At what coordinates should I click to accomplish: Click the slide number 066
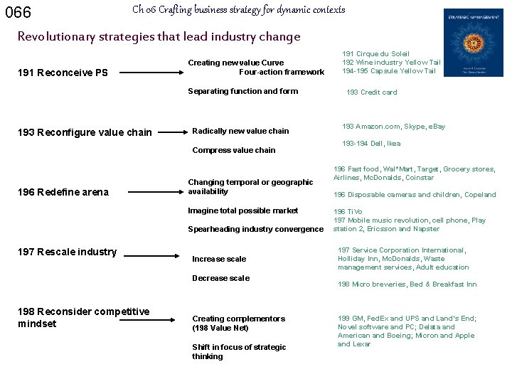click(x=18, y=13)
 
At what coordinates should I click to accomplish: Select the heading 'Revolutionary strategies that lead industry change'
click(x=159, y=36)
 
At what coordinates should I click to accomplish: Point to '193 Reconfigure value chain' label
click(x=84, y=132)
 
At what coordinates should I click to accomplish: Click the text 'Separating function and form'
click(x=242, y=91)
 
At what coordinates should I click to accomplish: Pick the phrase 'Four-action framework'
click(x=282, y=72)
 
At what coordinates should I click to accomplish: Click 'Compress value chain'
click(x=234, y=150)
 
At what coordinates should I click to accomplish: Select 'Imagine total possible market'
click(x=243, y=210)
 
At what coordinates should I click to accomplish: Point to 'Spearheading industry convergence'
click(x=255, y=229)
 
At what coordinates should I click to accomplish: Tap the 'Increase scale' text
click(x=219, y=259)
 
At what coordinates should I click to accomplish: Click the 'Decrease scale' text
click(x=220, y=278)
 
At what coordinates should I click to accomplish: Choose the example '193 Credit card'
click(x=371, y=92)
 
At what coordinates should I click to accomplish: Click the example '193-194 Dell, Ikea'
click(x=371, y=144)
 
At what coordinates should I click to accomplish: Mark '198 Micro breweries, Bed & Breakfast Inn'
click(x=407, y=284)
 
